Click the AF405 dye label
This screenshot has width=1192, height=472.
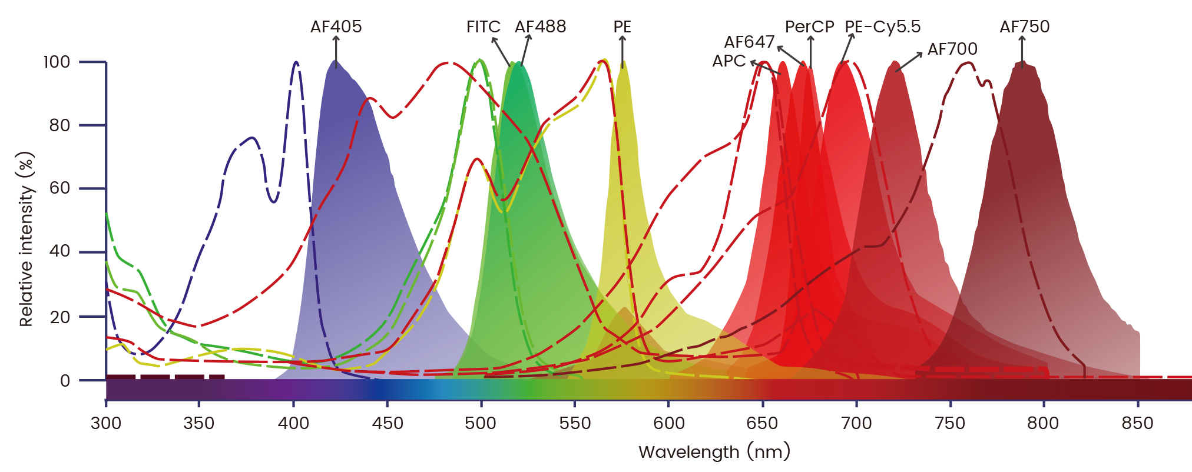(336, 26)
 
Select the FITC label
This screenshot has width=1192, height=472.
(483, 26)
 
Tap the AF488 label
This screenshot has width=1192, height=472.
(540, 26)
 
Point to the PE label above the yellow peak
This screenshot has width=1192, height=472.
(622, 26)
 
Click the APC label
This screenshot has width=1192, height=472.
(729, 61)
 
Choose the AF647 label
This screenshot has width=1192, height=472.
(749, 42)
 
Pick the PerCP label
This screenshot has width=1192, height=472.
(809, 26)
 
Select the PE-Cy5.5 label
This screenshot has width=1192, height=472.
(882, 26)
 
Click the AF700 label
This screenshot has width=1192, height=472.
(952, 49)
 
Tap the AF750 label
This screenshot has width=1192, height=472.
(1024, 26)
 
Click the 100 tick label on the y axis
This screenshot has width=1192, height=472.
(57, 62)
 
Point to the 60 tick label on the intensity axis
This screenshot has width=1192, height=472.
(59, 188)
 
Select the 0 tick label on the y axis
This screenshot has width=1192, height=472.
(65, 380)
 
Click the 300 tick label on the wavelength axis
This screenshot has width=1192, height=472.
(106, 423)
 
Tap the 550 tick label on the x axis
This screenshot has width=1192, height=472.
(575, 423)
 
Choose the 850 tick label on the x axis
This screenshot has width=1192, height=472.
(1137, 423)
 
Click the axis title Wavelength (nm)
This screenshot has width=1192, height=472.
(714, 452)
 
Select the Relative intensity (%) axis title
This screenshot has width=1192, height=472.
(26, 239)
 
